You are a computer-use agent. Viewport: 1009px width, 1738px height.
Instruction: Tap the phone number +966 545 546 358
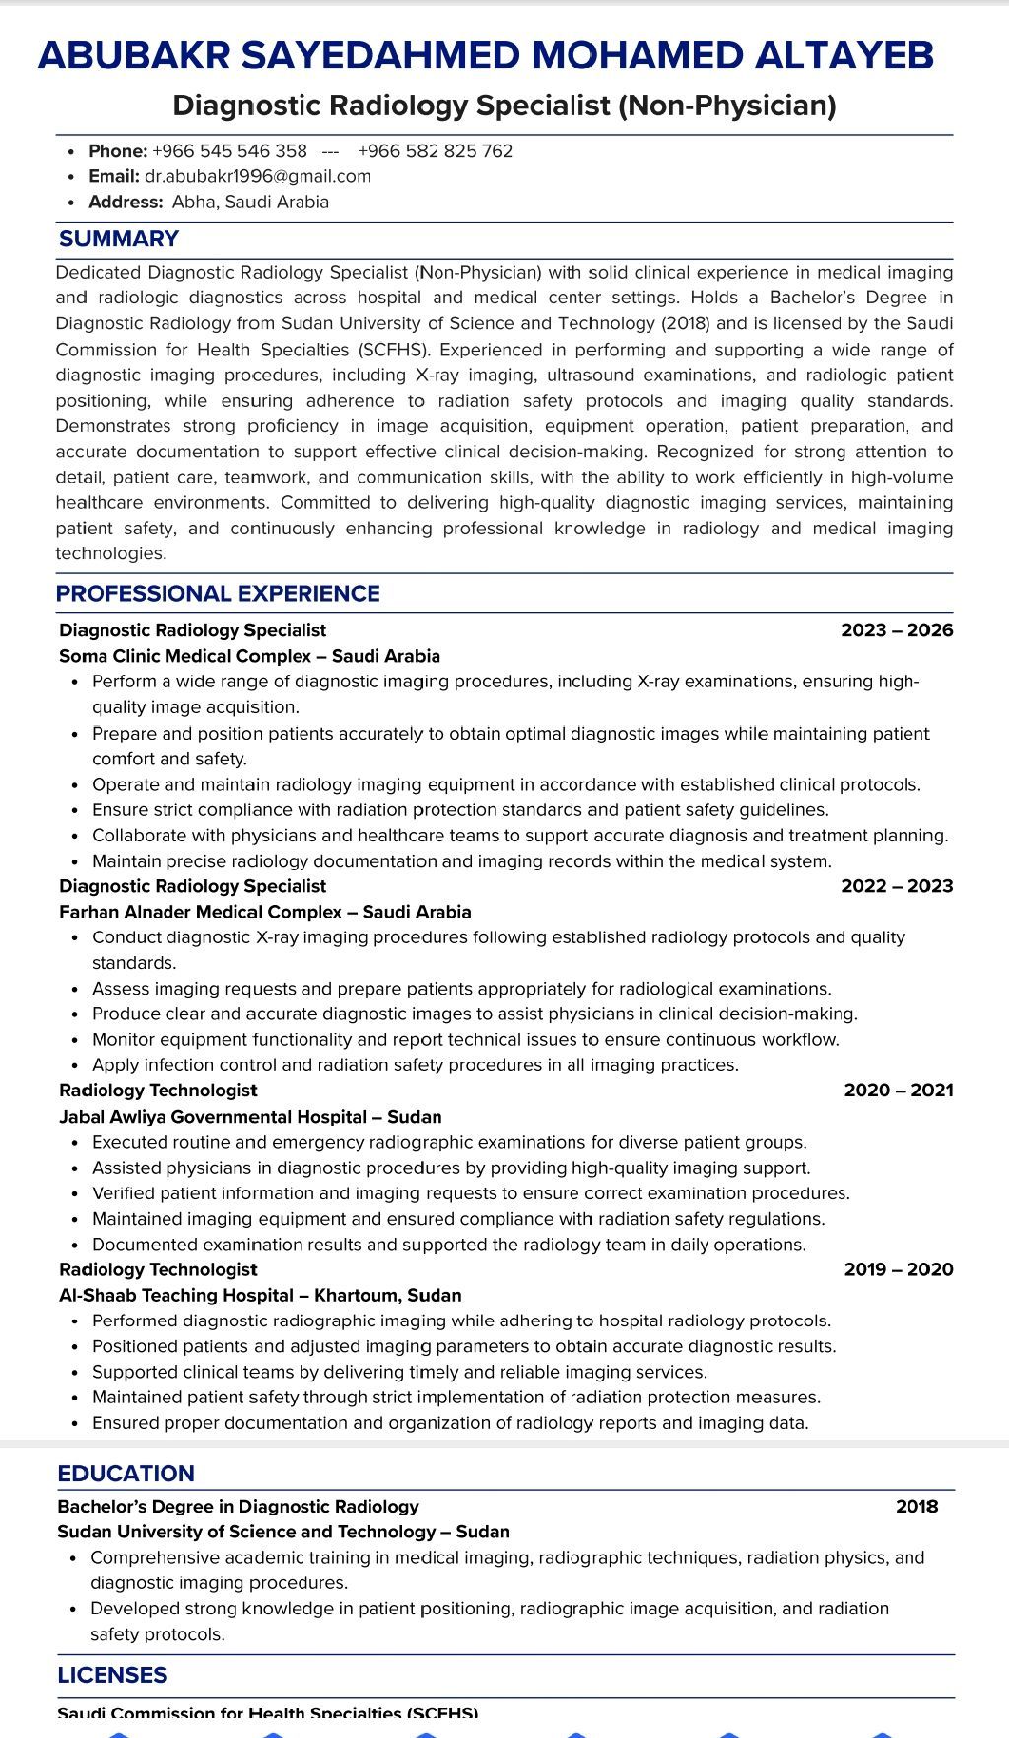[x=230, y=151]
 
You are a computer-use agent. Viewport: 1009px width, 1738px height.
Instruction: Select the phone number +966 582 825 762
[x=435, y=151]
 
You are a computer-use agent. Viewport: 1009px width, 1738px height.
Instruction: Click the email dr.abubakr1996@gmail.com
[x=257, y=176]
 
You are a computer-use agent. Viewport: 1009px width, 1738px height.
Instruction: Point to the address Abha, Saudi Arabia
[x=250, y=202]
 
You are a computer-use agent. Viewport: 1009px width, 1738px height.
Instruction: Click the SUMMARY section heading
[x=119, y=239]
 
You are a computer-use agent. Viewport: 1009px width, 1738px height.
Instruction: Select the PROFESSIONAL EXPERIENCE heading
[x=218, y=594]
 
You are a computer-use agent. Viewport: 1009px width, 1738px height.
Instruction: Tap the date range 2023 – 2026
[x=897, y=630]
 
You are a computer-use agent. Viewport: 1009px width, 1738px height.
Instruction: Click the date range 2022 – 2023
[x=897, y=886]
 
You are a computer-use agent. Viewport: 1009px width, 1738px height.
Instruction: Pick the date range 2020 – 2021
[x=898, y=1090]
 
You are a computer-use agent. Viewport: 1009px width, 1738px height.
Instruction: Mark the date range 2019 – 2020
[x=898, y=1269]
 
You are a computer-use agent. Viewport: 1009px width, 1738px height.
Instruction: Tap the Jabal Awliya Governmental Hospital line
[x=250, y=1117]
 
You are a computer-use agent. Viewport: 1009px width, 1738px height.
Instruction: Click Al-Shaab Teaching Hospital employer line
[x=260, y=1295]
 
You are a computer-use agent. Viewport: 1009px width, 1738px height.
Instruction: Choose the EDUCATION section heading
[x=126, y=1474]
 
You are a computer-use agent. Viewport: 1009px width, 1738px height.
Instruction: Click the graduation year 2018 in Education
[x=916, y=1506]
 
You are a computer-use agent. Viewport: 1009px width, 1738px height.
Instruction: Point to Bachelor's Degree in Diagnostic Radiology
[x=237, y=1506]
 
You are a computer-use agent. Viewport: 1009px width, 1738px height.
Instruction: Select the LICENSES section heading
[x=112, y=1675]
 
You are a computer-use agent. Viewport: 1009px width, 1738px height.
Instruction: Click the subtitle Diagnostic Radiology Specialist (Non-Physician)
[x=504, y=105]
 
